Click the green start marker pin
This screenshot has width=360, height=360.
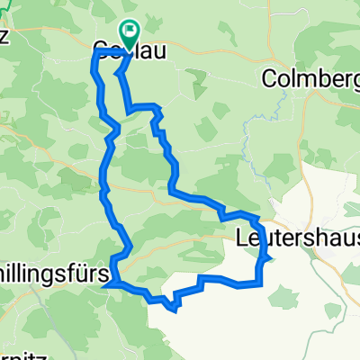130,32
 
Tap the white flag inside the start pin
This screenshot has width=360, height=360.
130,31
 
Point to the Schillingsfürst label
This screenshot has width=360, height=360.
54,271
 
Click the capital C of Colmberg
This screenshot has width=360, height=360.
268,79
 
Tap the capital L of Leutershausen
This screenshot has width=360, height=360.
240,238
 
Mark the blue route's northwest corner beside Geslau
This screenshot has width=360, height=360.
96,55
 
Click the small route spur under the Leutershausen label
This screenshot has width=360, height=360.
267,259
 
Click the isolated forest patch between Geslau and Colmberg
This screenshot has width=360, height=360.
199,90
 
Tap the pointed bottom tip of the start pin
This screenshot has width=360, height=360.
130,45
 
